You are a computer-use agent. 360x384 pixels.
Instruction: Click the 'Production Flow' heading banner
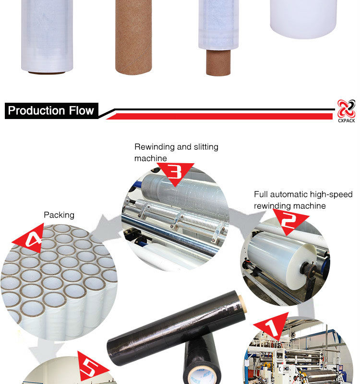(x=51, y=111)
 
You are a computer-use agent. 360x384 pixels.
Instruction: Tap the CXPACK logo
(x=346, y=111)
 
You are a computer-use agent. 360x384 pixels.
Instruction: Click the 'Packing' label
(x=60, y=215)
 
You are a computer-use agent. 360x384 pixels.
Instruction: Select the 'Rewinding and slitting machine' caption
(x=176, y=152)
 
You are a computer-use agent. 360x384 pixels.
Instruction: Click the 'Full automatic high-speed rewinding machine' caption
(x=302, y=200)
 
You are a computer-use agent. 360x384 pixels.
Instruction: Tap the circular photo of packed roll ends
(x=58, y=283)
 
